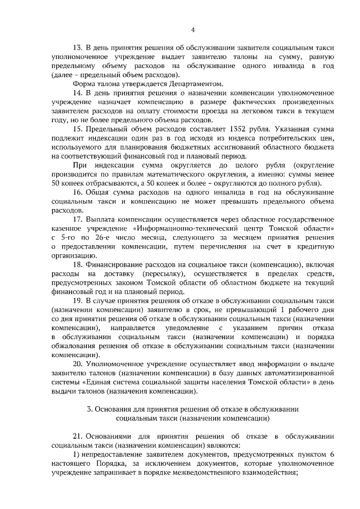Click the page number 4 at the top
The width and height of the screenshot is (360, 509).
pyautogui.click(x=192, y=30)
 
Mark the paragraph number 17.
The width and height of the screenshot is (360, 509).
pyautogui.click(x=78, y=218)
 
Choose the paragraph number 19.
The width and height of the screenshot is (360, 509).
pyautogui.click(x=78, y=299)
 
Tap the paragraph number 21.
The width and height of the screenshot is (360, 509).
pyautogui.click(x=78, y=435)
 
